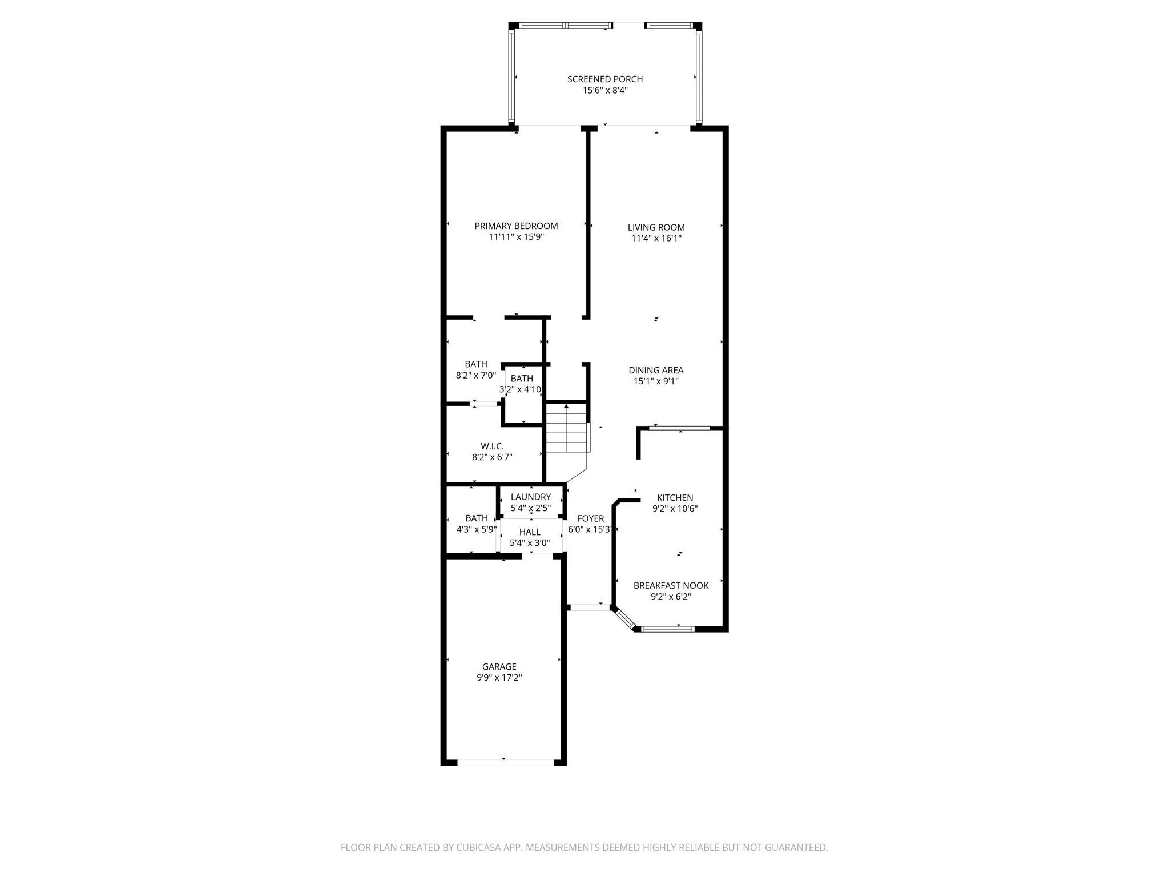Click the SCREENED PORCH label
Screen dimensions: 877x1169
(x=604, y=79)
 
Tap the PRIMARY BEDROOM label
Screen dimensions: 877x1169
(x=516, y=226)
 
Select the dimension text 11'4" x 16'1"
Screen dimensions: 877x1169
(x=656, y=239)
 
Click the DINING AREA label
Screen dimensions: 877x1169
(x=656, y=371)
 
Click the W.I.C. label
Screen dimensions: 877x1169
(x=492, y=446)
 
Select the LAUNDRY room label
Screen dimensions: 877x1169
(x=530, y=497)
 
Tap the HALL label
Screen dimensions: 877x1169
(x=530, y=532)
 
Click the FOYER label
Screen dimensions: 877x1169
(x=590, y=519)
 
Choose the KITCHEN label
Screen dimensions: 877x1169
(x=675, y=498)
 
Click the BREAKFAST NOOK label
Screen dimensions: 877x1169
(x=671, y=586)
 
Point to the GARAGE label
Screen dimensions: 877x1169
(x=499, y=667)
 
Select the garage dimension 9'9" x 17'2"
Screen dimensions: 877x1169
(x=499, y=678)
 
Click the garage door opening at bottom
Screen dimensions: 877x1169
(x=506, y=762)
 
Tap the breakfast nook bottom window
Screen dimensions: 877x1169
(x=667, y=629)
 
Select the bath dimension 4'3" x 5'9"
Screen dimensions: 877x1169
(x=476, y=529)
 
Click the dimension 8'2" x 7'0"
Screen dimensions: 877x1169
(x=475, y=376)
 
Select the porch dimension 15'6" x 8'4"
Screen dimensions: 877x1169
(x=604, y=91)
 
